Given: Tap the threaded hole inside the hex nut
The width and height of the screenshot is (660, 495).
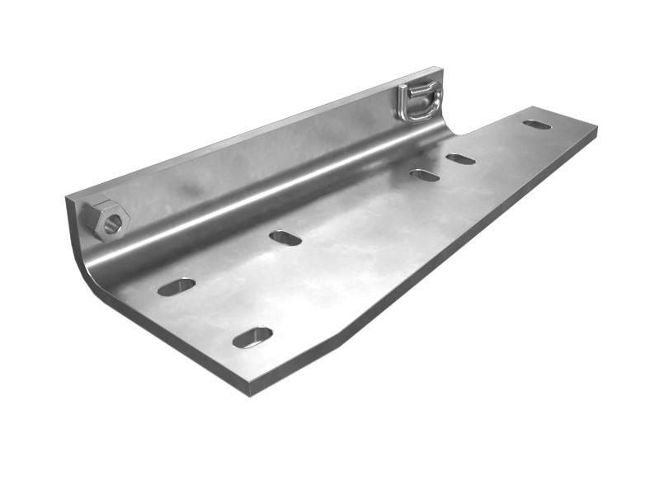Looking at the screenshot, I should click(x=112, y=221).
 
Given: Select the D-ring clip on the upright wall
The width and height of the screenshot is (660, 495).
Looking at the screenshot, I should click(x=420, y=101).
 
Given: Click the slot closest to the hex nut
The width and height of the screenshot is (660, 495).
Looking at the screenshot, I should click(x=177, y=286).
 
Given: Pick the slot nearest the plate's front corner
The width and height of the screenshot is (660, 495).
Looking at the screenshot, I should click(x=252, y=337).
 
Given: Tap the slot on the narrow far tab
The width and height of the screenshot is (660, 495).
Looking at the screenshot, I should click(x=537, y=125).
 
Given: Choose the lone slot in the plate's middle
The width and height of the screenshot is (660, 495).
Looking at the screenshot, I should click(x=285, y=238).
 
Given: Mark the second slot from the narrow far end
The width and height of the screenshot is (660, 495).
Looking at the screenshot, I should click(x=460, y=158).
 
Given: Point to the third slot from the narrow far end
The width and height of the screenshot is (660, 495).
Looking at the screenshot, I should click(x=424, y=175).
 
